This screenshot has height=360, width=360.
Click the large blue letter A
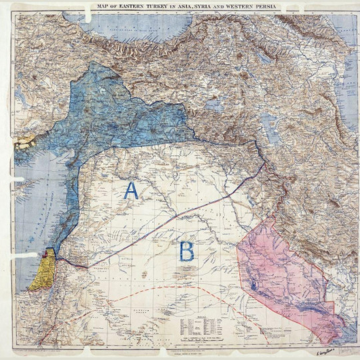click(x=131, y=191)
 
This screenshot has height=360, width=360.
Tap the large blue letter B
click(x=187, y=252)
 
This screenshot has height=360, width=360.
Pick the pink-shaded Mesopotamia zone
click(x=287, y=273)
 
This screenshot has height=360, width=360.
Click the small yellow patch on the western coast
click(x=25, y=141)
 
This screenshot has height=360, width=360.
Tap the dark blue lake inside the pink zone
click(x=253, y=285)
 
